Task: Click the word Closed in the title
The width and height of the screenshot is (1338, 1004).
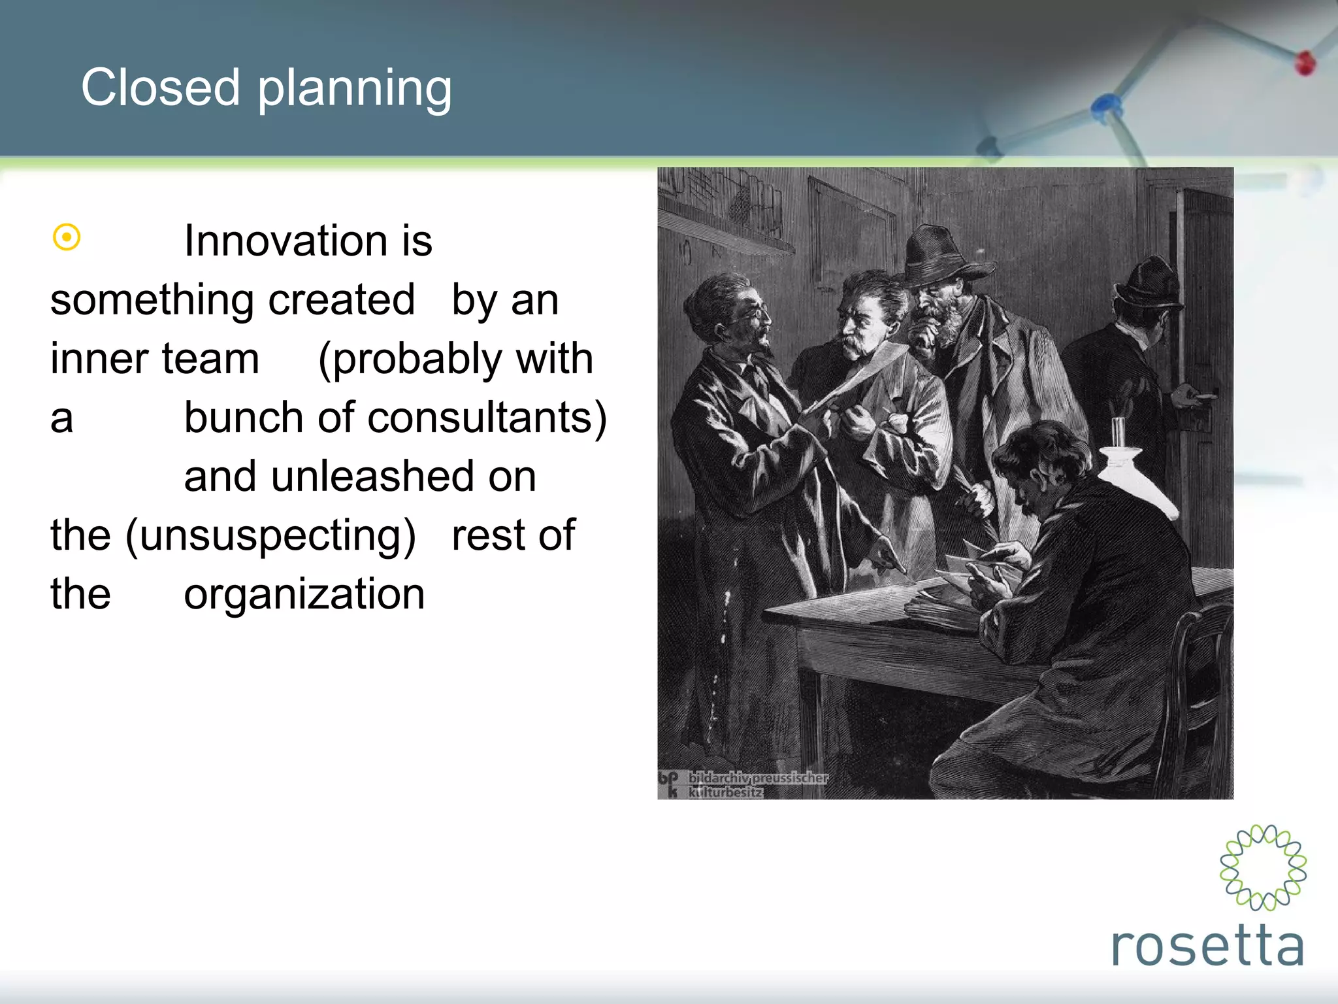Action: click(x=161, y=88)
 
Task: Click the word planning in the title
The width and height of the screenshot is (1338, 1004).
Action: click(x=354, y=90)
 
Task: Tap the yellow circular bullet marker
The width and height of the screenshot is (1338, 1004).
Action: click(x=67, y=237)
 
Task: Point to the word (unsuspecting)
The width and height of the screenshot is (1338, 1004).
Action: click(x=270, y=536)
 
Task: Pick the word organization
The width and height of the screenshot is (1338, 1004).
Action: click(x=304, y=595)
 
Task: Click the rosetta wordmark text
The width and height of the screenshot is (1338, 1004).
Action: click(x=1207, y=946)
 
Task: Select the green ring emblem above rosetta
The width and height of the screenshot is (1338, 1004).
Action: click(x=1263, y=867)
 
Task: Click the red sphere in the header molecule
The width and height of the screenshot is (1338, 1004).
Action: click(x=1305, y=63)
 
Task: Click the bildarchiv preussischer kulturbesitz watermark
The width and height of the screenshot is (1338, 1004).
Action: click(x=745, y=784)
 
